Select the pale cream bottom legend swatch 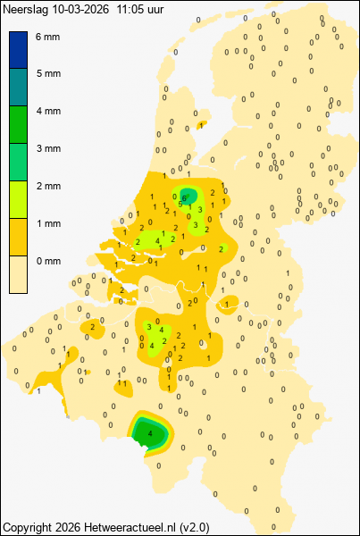pyautogui.click(x=19, y=274)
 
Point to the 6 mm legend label pyautogui.click(x=48, y=37)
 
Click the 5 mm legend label pyautogui.click(x=48, y=73)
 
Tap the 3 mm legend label pyautogui.click(x=48, y=148)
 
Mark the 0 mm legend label pyautogui.click(x=48, y=261)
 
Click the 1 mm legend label pyautogui.click(x=48, y=223)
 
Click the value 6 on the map pyautogui.click(x=184, y=197)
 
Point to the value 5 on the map pyautogui.click(x=180, y=205)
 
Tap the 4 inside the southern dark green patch pyautogui.click(x=149, y=434)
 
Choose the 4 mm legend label pyautogui.click(x=48, y=111)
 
